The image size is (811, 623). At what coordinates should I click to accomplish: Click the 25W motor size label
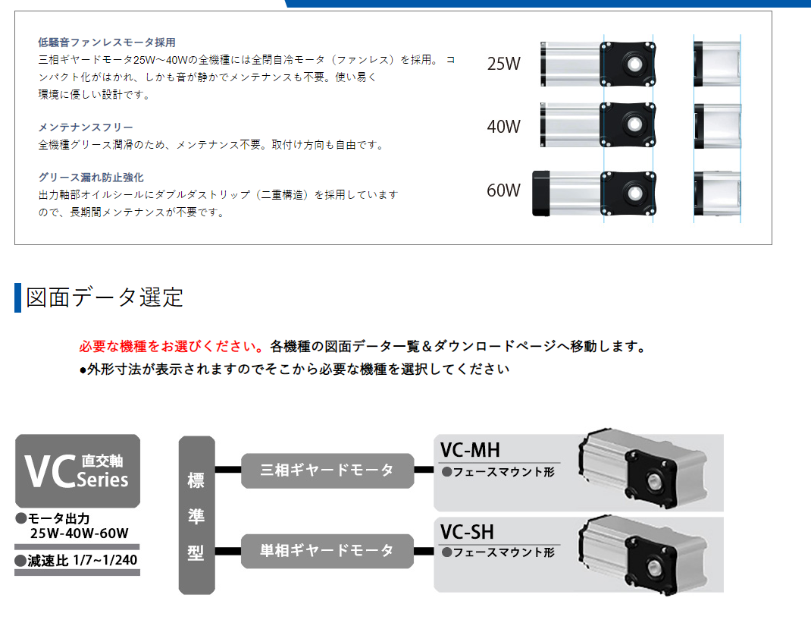(504, 64)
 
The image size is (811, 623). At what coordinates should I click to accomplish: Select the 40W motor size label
(504, 127)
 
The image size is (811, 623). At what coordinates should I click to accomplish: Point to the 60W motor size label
(504, 190)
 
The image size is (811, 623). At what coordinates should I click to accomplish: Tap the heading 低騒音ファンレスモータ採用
(107, 42)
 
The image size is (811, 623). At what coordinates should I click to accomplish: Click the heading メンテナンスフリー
(86, 127)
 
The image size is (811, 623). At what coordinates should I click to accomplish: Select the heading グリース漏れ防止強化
(91, 178)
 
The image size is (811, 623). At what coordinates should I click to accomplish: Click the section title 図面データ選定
(105, 297)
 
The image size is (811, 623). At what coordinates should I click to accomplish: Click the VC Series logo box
(77, 470)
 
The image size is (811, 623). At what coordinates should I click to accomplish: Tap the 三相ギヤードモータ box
(327, 470)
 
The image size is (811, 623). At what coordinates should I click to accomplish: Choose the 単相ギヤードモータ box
(327, 550)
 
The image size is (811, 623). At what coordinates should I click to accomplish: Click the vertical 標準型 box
(196, 515)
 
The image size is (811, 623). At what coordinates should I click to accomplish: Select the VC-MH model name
(470, 450)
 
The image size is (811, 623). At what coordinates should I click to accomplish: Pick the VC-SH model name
(467, 532)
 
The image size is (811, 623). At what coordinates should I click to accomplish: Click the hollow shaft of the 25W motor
(634, 65)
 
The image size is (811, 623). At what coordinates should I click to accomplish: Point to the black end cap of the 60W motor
(541, 194)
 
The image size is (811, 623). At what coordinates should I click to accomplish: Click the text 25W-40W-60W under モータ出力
(79, 533)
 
